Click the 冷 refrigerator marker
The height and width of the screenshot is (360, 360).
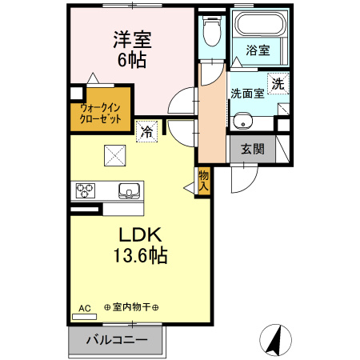[146, 130]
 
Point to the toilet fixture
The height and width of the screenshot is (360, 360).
[211, 31]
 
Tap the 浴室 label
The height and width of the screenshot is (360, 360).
[257, 50]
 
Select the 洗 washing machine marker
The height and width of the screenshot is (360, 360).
[276, 82]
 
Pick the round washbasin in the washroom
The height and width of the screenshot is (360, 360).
[243, 122]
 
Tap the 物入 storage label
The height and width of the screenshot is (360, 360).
[204, 180]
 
